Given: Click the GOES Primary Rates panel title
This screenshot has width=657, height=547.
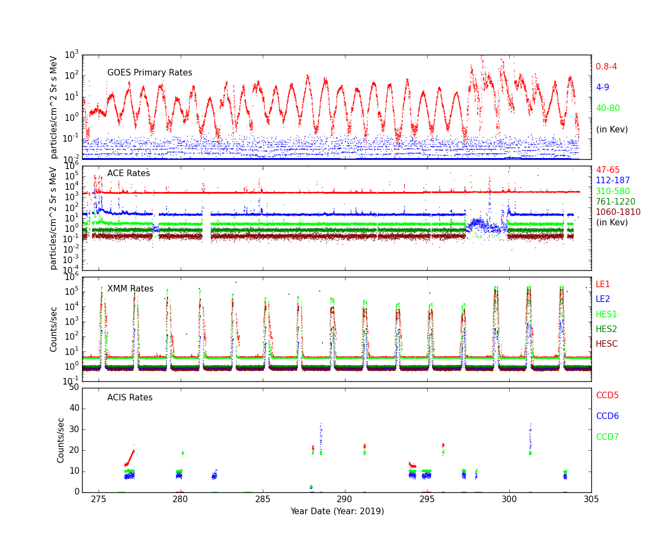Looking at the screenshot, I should (x=149, y=73).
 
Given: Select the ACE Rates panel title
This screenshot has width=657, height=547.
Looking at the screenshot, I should (x=129, y=173).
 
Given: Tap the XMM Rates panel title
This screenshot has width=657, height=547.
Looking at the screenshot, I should (x=130, y=289).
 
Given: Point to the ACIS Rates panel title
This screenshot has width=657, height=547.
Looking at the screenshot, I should (x=130, y=398).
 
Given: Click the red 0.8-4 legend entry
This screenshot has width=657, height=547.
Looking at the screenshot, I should (x=606, y=67).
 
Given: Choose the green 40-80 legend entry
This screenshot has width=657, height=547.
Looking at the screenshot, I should (x=608, y=108).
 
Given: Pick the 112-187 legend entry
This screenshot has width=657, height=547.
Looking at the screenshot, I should (x=613, y=181).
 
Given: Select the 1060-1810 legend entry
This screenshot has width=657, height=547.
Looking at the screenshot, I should (x=618, y=212).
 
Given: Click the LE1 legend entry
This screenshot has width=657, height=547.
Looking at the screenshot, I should (x=603, y=284).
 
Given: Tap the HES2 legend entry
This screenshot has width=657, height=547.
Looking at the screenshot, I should (x=606, y=329).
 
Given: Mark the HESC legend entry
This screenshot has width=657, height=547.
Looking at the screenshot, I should (x=607, y=344).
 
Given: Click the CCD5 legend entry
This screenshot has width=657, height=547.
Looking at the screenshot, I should (x=607, y=395).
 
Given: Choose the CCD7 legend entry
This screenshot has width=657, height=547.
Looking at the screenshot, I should (x=607, y=437).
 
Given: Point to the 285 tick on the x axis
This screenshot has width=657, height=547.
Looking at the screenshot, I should (x=263, y=499).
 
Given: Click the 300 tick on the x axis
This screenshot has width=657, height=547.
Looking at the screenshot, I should (x=509, y=499).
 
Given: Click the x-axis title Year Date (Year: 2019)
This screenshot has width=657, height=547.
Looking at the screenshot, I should (x=337, y=511).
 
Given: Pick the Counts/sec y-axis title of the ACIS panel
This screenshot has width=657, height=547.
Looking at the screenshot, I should (x=61, y=440).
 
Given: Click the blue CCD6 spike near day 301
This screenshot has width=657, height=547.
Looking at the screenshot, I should (x=530, y=435).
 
